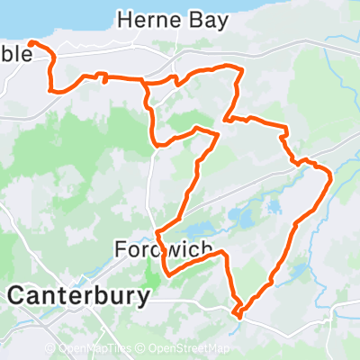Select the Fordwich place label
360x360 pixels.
pos(163,248)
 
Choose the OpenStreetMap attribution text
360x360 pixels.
pos(189,349)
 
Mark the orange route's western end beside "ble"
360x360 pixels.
pos(30,42)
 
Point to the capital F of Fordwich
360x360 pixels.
pos(121,248)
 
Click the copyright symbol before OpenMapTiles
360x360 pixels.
pos(50,349)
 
